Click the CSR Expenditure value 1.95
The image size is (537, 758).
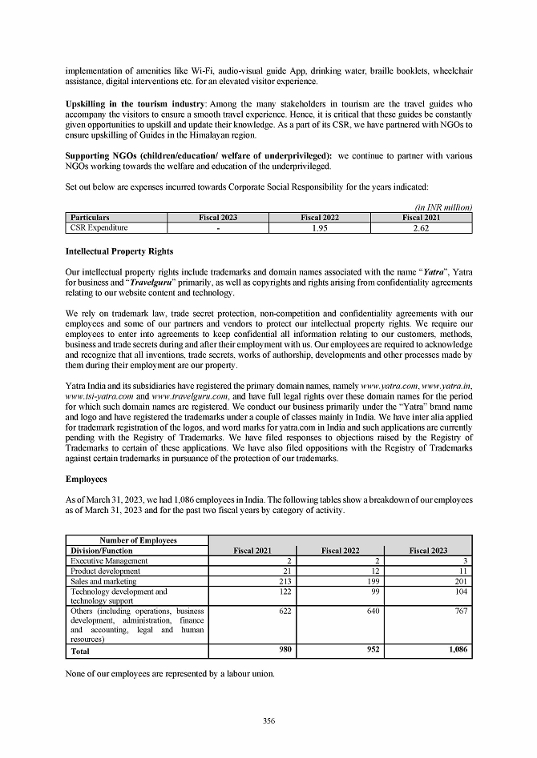(321, 228)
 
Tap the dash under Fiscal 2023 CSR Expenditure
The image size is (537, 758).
(218, 228)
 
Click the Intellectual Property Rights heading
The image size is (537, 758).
(119, 251)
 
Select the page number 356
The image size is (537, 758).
(268, 721)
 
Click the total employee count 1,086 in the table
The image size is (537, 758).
(454, 651)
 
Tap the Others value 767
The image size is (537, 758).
(460, 610)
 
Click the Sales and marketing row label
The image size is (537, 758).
(103, 581)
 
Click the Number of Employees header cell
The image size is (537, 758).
(137, 540)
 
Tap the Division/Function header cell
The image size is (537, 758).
(102, 551)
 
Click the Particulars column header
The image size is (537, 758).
(90, 218)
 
